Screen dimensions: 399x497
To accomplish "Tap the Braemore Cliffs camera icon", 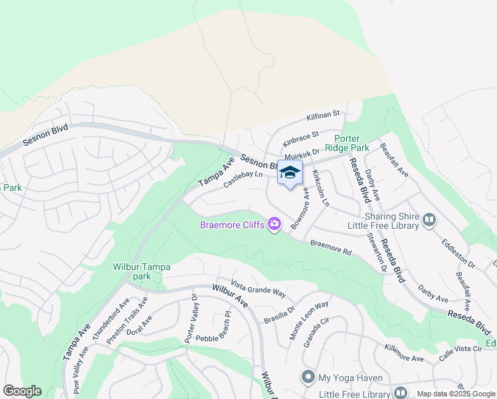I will click(274, 224).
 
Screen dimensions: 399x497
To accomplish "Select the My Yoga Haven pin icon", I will click(308, 378).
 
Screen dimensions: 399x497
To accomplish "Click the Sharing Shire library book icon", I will click(429, 219).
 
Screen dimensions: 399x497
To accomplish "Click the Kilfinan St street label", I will click(323, 116).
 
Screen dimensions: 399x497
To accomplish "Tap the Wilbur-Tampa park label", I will click(142, 271).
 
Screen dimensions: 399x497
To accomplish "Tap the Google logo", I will click(22, 391).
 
